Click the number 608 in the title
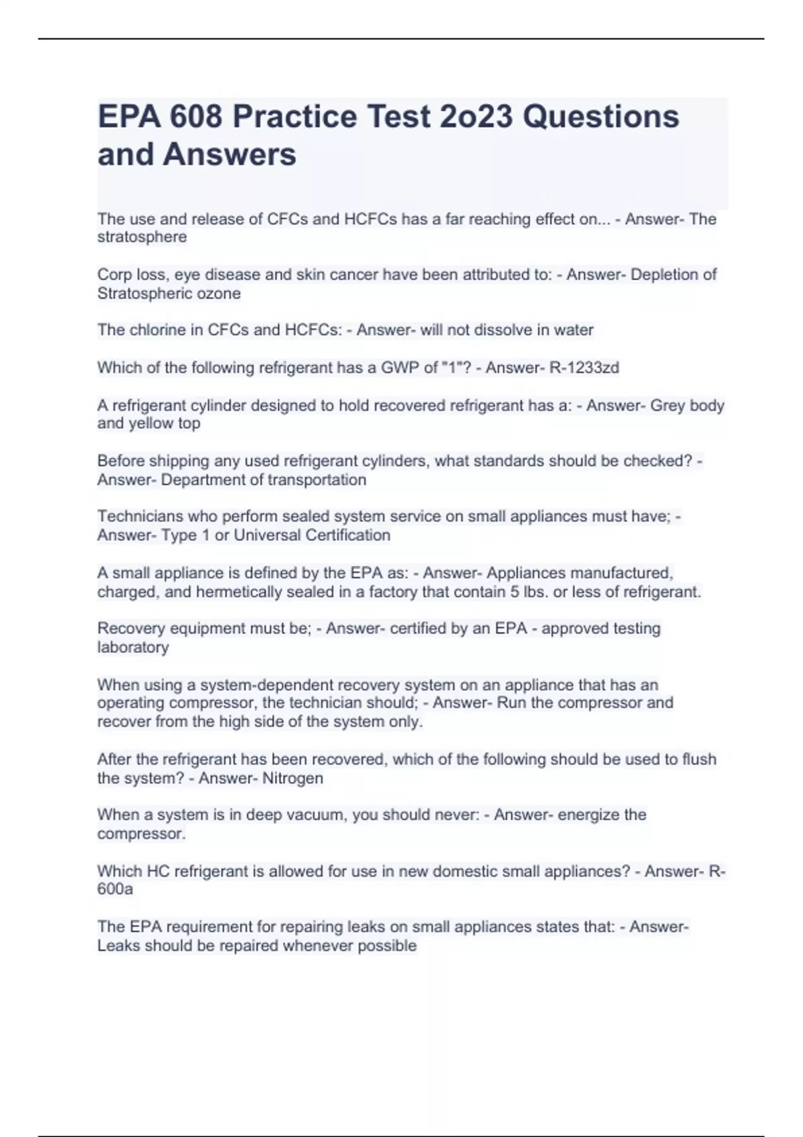tap(195, 116)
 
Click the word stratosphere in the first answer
tap(142, 237)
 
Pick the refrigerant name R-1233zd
tap(584, 368)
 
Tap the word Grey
tap(667, 406)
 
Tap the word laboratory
tap(133, 647)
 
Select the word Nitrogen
tap(292, 779)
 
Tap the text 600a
tap(115, 890)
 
